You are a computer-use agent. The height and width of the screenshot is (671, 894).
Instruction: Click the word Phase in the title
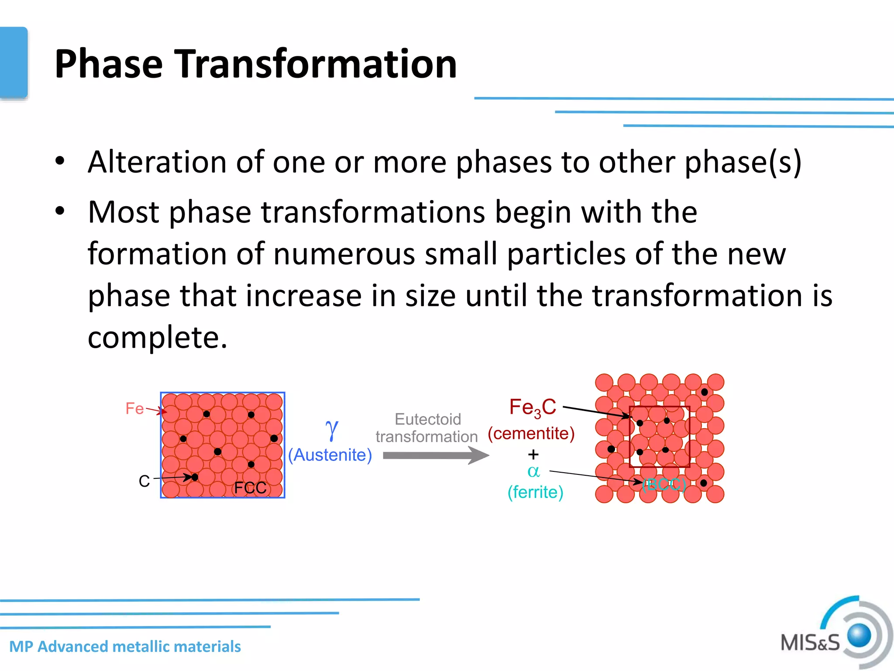tap(108, 64)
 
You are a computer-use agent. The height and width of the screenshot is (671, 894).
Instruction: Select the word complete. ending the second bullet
tap(158, 337)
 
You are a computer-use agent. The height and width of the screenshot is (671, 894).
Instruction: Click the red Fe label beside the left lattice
tap(134, 408)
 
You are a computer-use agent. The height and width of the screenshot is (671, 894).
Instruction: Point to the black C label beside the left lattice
tap(144, 481)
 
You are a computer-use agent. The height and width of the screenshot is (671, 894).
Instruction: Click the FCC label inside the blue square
tap(250, 488)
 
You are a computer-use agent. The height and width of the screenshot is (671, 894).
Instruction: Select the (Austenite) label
tap(330, 455)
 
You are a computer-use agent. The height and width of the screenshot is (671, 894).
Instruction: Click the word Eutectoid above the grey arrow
tap(427, 419)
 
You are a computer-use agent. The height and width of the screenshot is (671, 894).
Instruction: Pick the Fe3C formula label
tap(532, 407)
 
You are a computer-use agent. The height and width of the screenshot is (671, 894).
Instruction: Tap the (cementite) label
tap(531, 433)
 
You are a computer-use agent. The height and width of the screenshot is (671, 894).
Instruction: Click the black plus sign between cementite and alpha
tap(533, 454)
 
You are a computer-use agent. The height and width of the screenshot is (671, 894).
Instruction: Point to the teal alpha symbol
tap(533, 471)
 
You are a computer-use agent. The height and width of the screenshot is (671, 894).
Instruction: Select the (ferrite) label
tap(535, 492)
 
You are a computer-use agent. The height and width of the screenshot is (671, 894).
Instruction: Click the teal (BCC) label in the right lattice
tap(664, 484)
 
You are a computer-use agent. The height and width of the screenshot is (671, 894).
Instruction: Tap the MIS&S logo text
tap(810, 643)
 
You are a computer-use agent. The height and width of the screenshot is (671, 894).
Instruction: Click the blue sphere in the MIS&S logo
tap(859, 635)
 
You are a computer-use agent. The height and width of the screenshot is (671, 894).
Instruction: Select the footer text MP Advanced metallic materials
tap(125, 646)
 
